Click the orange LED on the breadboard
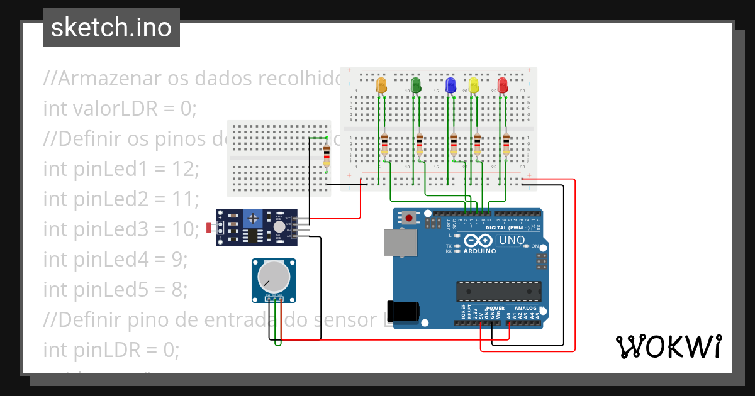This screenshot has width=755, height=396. point(381,85)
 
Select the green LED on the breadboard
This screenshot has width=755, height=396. point(415,85)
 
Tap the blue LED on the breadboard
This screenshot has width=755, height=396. point(450,85)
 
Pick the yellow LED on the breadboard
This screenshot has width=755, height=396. point(474,85)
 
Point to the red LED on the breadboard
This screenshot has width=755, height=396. point(503,85)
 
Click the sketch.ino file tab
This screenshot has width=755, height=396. point(111,28)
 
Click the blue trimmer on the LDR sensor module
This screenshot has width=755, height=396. point(253,219)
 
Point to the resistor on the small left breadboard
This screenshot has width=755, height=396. point(327,157)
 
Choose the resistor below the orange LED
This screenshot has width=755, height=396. point(384,145)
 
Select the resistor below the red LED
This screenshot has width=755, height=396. point(506,145)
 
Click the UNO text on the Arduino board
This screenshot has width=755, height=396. point(512,240)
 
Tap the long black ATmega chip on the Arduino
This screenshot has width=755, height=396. point(498,292)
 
